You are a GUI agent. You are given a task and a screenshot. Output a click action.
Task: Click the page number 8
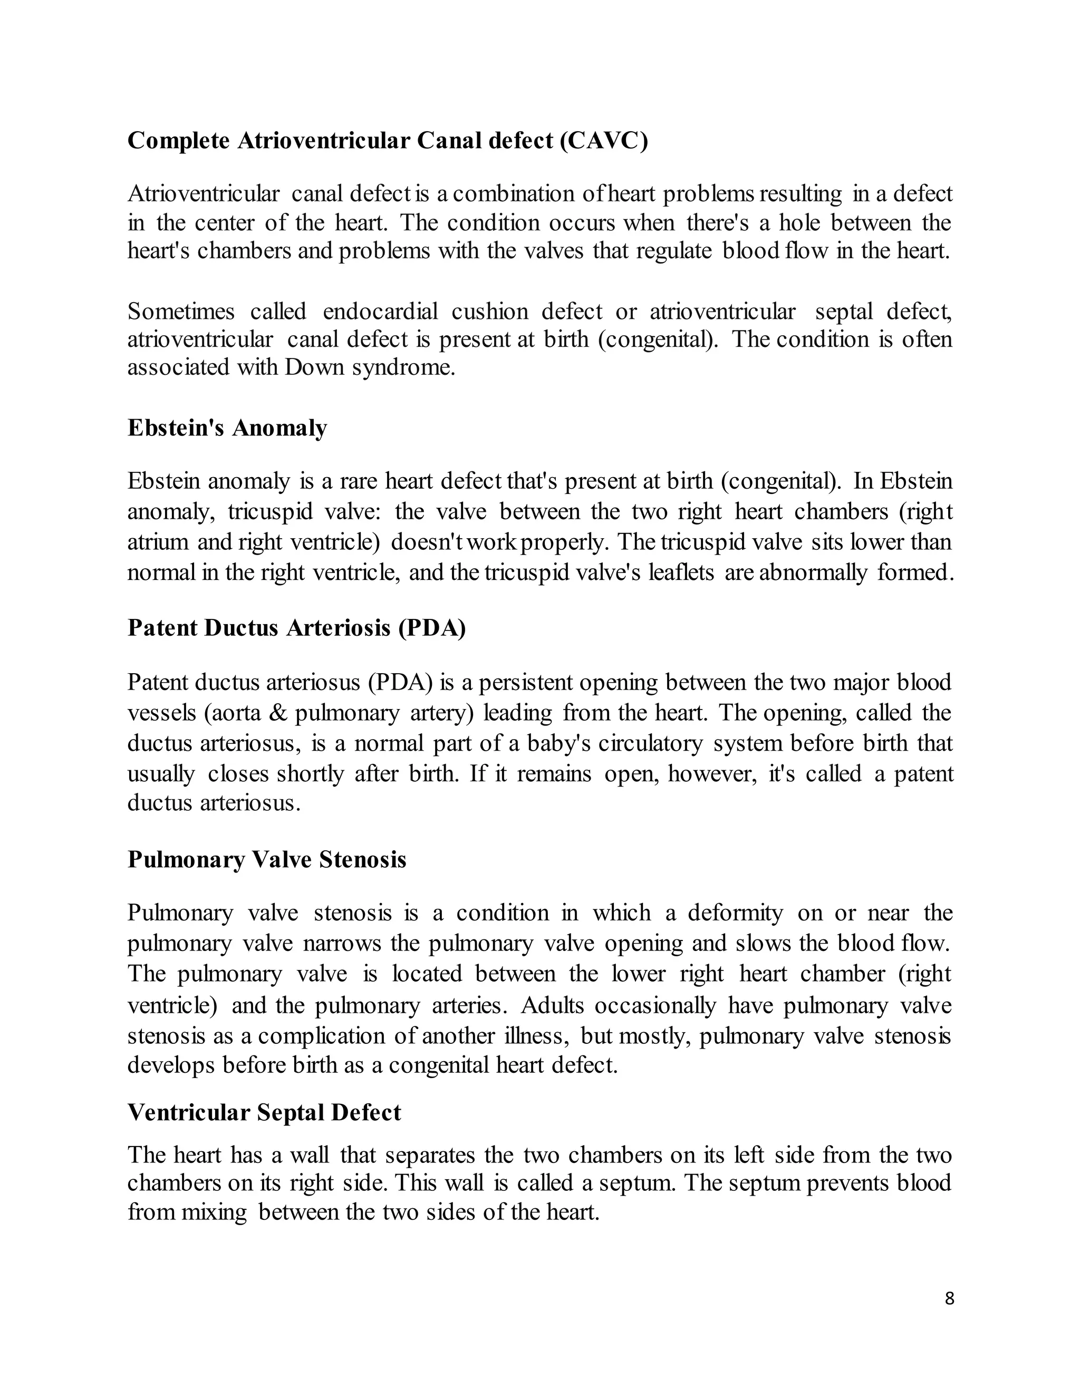[x=949, y=1298]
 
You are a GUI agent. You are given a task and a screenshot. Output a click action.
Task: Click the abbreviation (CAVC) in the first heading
[x=603, y=141]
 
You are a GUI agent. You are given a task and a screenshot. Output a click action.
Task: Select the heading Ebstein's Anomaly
[x=227, y=428]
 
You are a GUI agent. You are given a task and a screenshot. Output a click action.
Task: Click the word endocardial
[x=380, y=312]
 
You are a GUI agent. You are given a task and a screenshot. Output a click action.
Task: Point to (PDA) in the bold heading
[x=431, y=628]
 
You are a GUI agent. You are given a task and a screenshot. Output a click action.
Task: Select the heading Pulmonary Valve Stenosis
[x=267, y=859]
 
